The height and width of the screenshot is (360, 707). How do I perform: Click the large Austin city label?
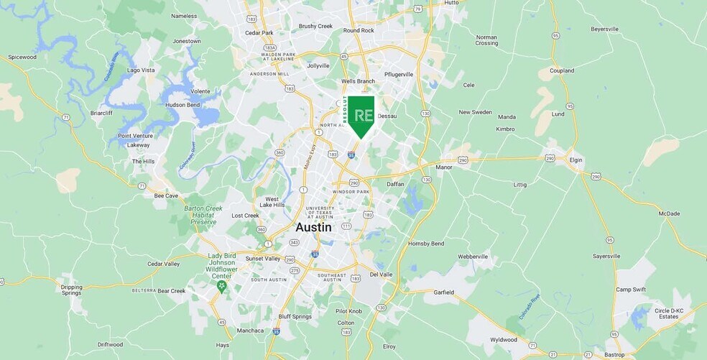(314, 227)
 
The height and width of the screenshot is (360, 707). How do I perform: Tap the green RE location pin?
(361, 116)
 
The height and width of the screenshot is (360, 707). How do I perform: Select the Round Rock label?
(359, 31)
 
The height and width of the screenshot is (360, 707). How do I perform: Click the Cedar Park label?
(259, 33)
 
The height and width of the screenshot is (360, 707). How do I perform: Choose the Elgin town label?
(575, 160)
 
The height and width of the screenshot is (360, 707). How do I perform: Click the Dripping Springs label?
(71, 290)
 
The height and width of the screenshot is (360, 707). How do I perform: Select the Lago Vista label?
(141, 70)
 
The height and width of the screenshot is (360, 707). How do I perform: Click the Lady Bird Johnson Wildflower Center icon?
(221, 286)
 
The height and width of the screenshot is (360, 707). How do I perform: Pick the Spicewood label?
(22, 57)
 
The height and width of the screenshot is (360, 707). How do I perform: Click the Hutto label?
(451, 3)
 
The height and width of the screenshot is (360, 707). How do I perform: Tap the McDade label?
(669, 213)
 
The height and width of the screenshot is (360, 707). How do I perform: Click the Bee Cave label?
(166, 195)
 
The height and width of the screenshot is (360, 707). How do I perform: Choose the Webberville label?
(473, 256)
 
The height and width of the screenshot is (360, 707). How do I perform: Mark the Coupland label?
(562, 70)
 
